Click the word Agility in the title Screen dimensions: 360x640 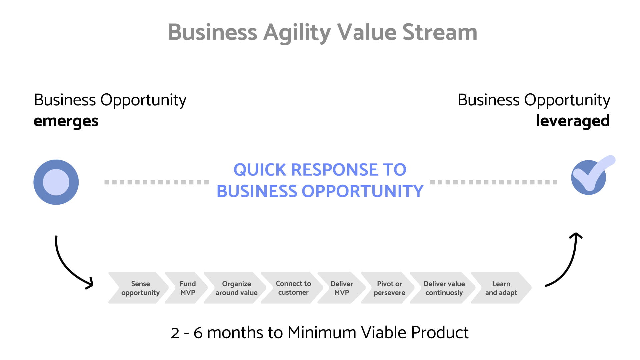[297, 33]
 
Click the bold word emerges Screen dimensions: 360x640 [66, 121]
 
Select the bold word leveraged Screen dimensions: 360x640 [573, 121]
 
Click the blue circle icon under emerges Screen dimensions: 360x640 [56, 182]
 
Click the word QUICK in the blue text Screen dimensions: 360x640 [260, 170]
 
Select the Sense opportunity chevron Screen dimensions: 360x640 [140, 288]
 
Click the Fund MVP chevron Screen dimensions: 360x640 [187, 288]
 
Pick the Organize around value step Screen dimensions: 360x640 [236, 288]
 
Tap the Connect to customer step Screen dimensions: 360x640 [293, 288]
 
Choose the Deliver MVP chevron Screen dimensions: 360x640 [341, 288]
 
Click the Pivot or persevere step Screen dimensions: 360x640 [389, 288]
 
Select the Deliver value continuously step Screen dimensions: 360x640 [444, 288]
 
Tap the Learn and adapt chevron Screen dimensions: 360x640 [501, 288]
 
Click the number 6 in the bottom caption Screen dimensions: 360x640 [198, 333]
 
